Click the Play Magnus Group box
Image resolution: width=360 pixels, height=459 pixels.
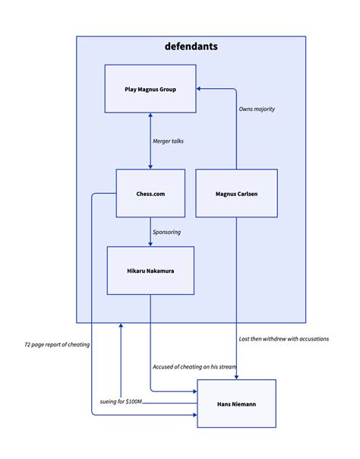[150, 89]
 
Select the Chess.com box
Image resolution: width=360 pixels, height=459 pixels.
[150, 193]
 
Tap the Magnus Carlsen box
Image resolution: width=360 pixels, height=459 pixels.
[236, 193]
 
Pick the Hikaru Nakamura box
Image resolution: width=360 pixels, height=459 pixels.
[150, 270]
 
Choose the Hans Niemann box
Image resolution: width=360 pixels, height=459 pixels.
[236, 404]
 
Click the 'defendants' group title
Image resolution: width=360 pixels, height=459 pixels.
[191, 46]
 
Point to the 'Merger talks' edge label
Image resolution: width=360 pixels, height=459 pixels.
[168, 141]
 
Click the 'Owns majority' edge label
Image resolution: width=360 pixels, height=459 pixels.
[257, 109]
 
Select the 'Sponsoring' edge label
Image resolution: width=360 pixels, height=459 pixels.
[167, 232]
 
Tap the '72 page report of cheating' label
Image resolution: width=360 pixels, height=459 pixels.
[57, 344]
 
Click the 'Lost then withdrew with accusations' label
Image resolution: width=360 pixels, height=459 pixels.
[283, 338]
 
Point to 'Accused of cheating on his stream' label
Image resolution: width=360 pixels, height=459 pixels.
[194, 367]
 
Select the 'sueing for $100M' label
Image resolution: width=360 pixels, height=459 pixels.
[120, 400]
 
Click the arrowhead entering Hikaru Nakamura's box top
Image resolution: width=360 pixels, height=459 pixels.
[150, 243]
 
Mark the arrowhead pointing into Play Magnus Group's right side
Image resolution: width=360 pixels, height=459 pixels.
[200, 89]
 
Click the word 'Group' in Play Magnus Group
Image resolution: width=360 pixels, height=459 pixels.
[168, 89]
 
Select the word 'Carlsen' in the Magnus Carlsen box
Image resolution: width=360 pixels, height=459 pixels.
[247, 193]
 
